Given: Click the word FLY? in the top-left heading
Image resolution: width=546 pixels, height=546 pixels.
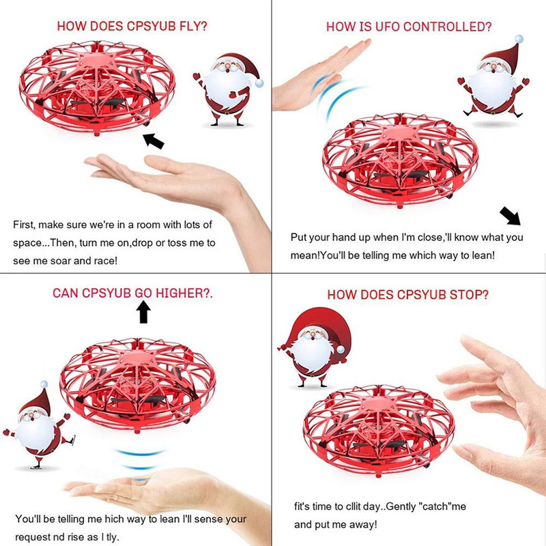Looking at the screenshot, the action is [193, 26].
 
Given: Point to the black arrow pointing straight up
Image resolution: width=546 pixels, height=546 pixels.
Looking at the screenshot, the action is [143, 312].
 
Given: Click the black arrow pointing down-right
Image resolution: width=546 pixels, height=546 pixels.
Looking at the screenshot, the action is [510, 216].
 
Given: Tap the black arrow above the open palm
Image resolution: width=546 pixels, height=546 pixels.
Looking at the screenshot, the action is [153, 141].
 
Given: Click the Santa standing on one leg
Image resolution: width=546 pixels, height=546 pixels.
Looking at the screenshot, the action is [38, 425].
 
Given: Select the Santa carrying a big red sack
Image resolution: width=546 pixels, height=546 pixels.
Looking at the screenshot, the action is [315, 347].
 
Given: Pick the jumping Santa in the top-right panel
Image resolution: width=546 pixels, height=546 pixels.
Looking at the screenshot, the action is [493, 76].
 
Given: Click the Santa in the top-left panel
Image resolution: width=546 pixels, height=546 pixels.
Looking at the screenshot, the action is [228, 89].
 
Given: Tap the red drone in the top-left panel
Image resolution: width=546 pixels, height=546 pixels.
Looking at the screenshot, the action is [97, 88].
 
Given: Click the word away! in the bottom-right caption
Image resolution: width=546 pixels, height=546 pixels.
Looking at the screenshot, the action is [363, 524].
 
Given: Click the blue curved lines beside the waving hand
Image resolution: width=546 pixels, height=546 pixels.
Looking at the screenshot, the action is [336, 98].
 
